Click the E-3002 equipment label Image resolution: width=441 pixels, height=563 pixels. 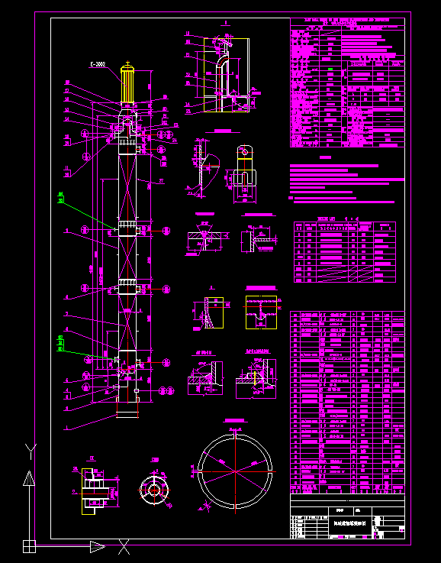[x=98, y=65]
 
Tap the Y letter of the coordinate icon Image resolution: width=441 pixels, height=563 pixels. [x=30, y=448]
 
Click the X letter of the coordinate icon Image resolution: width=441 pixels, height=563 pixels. [x=124, y=545]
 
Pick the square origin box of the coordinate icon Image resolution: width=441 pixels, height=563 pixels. [x=28, y=545]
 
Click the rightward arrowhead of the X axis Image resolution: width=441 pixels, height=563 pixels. [x=97, y=545]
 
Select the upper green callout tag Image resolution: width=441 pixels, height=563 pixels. [x=60, y=199]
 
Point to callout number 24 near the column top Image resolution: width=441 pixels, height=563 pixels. [x=173, y=141]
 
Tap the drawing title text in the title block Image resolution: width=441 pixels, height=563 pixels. [x=350, y=523]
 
